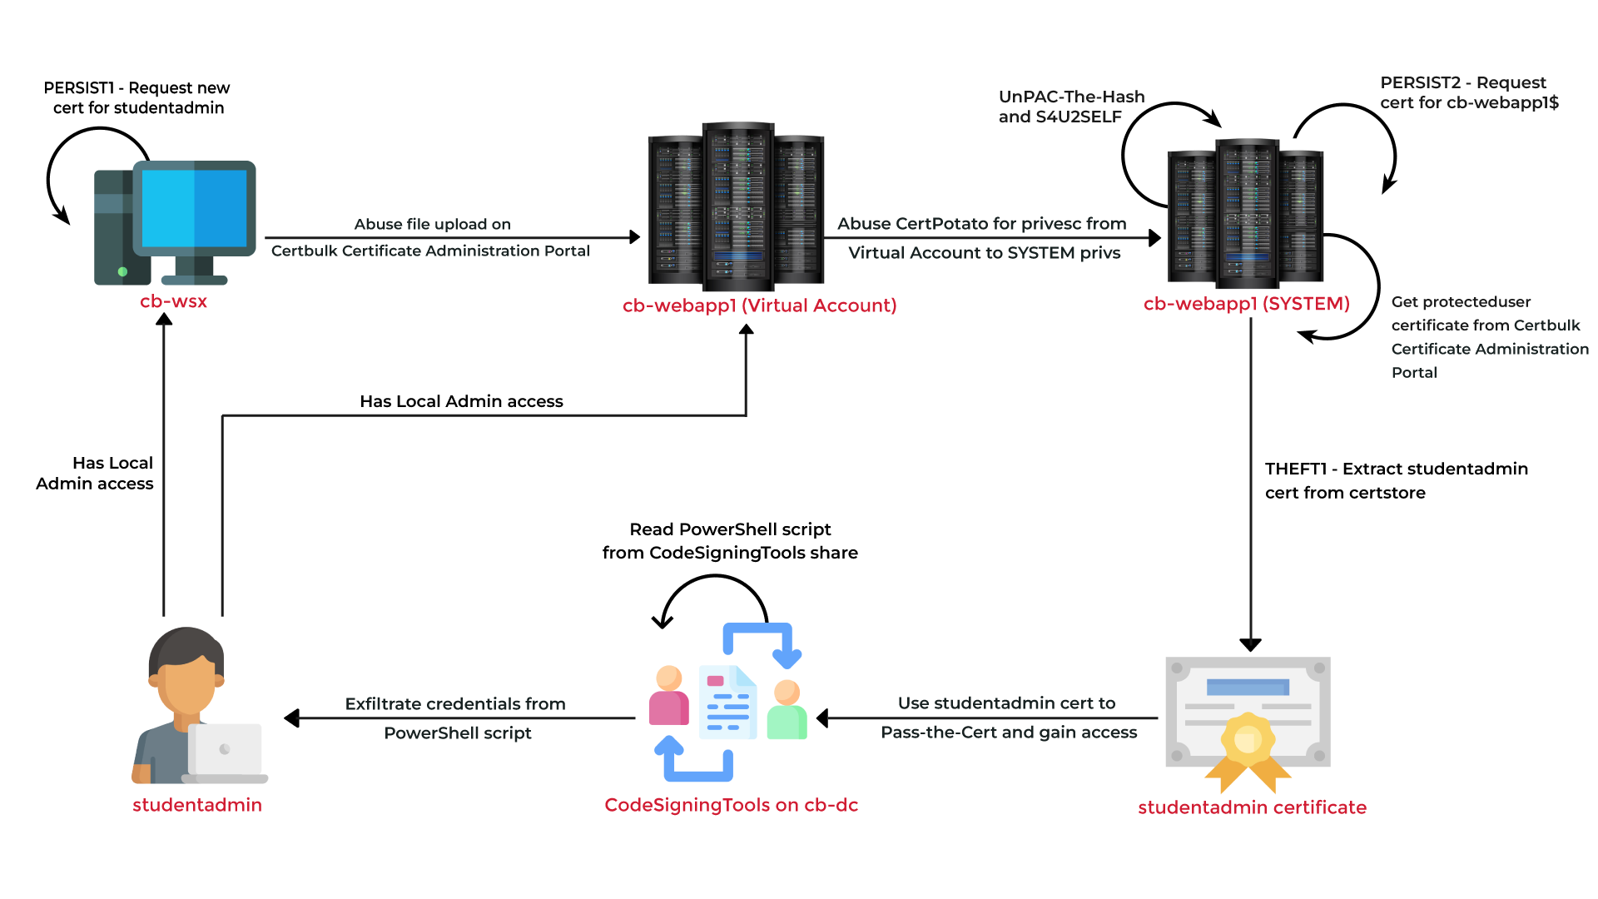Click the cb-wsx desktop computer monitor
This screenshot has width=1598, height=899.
pyautogui.click(x=195, y=208)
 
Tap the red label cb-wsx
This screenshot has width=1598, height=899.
pyautogui.click(x=173, y=301)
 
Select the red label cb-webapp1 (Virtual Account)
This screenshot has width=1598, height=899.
pyautogui.click(x=759, y=305)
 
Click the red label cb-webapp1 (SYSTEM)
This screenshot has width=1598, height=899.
pyautogui.click(x=1246, y=304)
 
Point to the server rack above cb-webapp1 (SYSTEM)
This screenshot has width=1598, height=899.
pyautogui.click(x=1245, y=216)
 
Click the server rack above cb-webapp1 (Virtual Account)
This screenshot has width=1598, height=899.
pyautogui.click(x=737, y=208)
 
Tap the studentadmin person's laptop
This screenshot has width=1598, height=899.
pyautogui.click(x=225, y=751)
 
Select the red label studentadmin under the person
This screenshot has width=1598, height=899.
pyautogui.click(x=197, y=805)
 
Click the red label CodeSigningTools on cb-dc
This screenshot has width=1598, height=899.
pyautogui.click(x=731, y=805)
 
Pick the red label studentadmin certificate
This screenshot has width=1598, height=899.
pyautogui.click(x=1252, y=807)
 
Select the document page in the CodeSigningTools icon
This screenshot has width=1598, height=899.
pyautogui.click(x=728, y=703)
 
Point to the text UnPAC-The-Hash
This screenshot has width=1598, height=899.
pyautogui.click(x=1071, y=97)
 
